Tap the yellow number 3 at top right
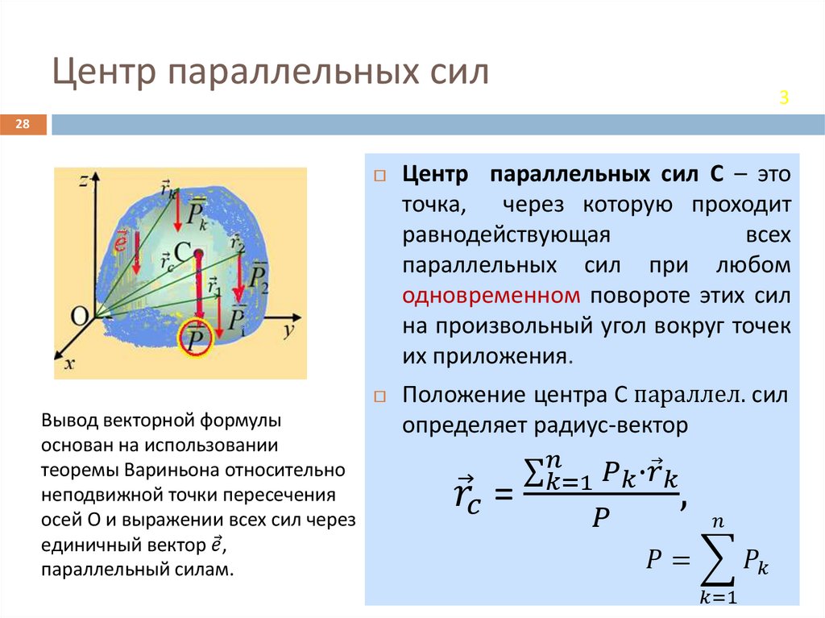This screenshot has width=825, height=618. click(x=782, y=98)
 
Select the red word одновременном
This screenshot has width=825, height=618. click(x=491, y=295)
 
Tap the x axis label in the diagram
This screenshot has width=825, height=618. click(x=69, y=364)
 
